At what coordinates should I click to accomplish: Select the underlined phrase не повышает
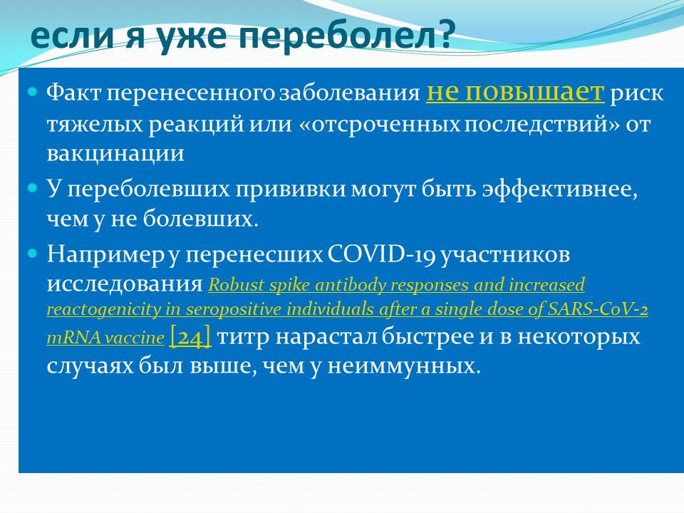point(515,92)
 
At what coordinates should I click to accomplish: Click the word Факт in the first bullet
point(73,93)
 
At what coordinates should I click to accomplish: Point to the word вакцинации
point(115,154)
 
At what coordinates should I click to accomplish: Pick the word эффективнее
point(560,190)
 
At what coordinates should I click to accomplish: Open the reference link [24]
point(190,337)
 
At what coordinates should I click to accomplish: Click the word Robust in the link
point(237,285)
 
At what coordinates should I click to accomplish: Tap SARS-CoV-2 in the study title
point(598,309)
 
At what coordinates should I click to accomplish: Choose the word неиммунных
point(403,366)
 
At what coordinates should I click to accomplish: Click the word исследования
point(125,284)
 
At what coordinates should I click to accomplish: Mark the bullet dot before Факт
point(33,92)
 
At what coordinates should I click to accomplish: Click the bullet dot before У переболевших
point(33,188)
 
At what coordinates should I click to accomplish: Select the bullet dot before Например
point(33,254)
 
